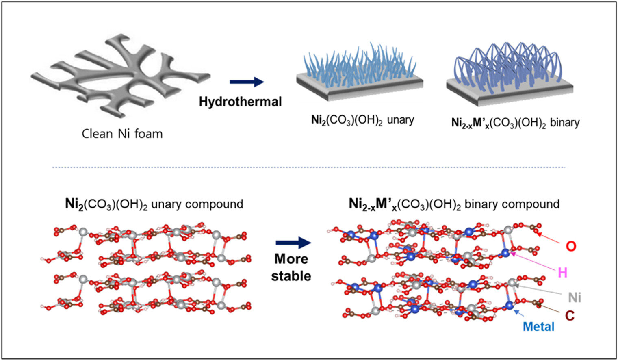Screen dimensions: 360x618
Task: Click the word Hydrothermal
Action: tap(240, 102)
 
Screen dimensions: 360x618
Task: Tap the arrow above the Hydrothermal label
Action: tap(247, 82)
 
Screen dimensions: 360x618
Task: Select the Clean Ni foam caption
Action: tap(122, 134)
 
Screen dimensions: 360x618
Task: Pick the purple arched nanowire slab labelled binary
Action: tap(510, 73)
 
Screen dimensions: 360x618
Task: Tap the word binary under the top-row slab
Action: tap(565, 123)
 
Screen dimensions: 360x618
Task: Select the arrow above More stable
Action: tap(293, 243)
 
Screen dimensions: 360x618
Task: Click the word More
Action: tap(291, 259)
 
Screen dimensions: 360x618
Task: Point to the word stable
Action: tap(291, 276)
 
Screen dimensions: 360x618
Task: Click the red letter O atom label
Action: tap(571, 246)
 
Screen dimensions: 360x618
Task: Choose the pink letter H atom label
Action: tap(562, 272)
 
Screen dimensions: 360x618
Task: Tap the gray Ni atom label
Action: tap(575, 297)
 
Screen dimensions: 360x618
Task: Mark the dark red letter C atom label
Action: tap(570, 314)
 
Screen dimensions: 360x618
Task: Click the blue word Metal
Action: tap(538, 326)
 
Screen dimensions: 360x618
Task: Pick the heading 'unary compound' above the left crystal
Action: tap(197, 204)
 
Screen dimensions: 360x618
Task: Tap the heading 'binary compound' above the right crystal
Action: tap(512, 204)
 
